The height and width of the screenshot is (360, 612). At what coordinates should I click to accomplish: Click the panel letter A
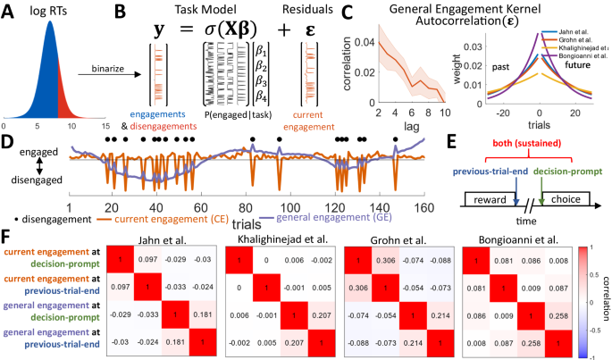pyautogui.click(x=8, y=11)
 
